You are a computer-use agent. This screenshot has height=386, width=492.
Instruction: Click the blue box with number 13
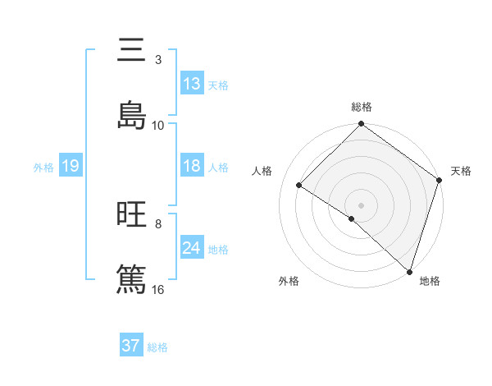[x=192, y=84]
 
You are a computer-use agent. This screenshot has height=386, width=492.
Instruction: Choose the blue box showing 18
[x=192, y=166]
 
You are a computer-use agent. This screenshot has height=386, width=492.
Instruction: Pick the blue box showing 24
[x=192, y=248]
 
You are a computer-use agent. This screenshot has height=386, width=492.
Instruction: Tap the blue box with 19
[x=70, y=166]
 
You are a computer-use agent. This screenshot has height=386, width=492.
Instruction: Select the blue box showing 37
[x=131, y=346]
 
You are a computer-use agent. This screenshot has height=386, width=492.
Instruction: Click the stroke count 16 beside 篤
[x=158, y=290]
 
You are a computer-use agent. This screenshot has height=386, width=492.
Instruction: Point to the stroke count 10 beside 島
[x=158, y=125]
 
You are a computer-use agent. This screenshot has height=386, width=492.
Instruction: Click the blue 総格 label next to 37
[x=157, y=347]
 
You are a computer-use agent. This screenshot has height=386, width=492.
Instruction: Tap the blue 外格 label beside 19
[x=43, y=168]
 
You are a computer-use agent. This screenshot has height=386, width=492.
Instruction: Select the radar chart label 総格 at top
[x=362, y=107]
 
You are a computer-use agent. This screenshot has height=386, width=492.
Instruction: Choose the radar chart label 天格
[x=461, y=171]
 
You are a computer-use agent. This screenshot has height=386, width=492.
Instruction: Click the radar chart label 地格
[x=430, y=281]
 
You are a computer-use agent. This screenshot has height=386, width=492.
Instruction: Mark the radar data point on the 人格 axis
[x=299, y=185]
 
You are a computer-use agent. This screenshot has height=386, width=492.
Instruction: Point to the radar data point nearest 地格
[x=409, y=271]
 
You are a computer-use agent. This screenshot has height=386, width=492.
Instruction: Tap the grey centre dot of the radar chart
[x=362, y=204]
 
